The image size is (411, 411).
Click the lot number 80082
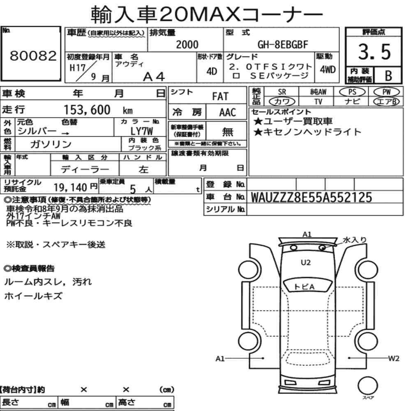[x=33, y=55]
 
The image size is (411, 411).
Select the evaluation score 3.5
[x=374, y=52]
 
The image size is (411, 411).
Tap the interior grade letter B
[x=388, y=76]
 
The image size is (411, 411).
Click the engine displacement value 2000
[x=187, y=44]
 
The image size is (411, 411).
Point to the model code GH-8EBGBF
[x=283, y=44]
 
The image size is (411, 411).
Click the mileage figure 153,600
[x=87, y=110]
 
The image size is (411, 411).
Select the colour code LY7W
[x=141, y=131]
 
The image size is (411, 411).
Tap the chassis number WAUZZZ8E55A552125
[x=312, y=197]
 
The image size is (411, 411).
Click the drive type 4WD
[x=328, y=69]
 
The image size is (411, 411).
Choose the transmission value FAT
[x=220, y=97]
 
